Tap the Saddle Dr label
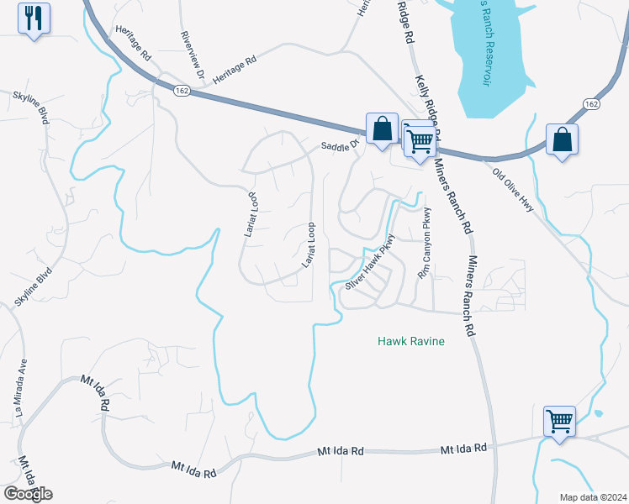tap(340, 144)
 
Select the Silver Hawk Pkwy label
tap(370, 266)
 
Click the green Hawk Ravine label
tap(410, 342)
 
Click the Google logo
tap(28, 494)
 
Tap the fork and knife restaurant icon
tap(34, 18)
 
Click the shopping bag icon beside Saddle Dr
tap(382, 129)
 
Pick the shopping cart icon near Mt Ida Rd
tap(559, 420)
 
